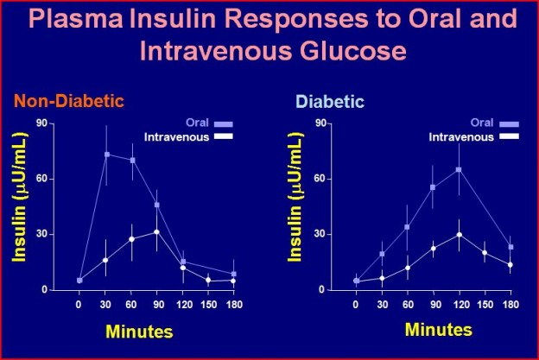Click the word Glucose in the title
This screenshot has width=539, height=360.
point(352,52)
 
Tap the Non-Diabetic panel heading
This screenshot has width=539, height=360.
point(69,101)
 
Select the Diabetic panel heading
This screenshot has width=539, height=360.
point(330,102)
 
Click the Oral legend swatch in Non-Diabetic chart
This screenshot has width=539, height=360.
point(224,124)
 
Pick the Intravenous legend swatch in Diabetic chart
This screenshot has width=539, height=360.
point(510,136)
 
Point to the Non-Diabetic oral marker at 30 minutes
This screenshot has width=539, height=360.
point(107,155)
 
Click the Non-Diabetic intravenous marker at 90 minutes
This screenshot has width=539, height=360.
point(156,232)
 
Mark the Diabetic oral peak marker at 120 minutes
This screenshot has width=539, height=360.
point(459,170)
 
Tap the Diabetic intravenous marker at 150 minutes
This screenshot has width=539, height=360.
point(485,252)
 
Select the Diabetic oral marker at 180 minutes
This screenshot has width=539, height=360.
point(510,247)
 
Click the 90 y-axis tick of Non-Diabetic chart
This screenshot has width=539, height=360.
point(41,123)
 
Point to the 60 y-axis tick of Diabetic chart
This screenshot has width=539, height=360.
point(320,179)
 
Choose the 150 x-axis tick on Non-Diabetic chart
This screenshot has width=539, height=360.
point(209,305)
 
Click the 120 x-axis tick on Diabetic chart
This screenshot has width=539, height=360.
point(461,305)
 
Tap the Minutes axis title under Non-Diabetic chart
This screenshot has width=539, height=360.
point(139,332)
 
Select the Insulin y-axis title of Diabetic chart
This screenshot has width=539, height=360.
point(295,197)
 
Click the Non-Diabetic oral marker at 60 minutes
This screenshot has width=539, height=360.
point(132,160)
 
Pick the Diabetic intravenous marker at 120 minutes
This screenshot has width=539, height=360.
point(459,235)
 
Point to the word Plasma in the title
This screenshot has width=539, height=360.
point(76,18)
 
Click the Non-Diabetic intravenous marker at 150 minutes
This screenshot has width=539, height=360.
point(208,280)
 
